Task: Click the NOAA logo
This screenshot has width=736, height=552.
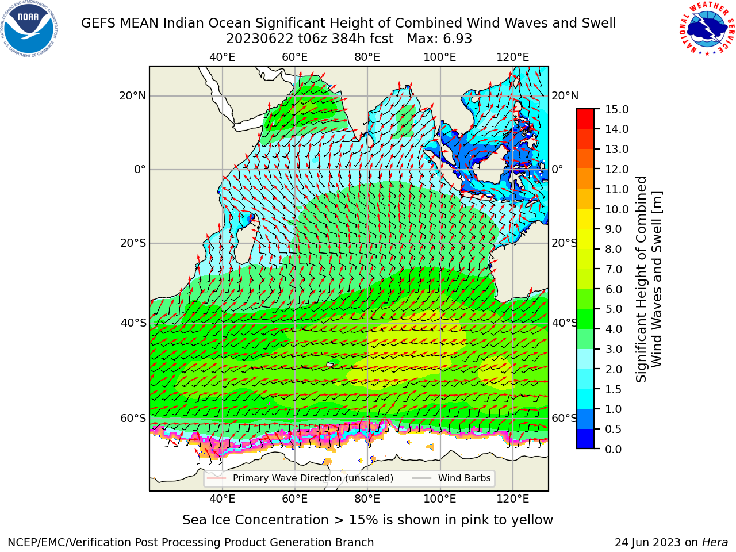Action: tap(29, 29)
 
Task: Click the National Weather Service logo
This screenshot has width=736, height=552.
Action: tap(707, 28)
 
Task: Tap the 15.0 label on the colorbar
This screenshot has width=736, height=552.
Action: tap(616, 109)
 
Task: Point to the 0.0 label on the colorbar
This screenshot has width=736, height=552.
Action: tap(613, 449)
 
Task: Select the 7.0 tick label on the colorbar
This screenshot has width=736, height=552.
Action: tap(613, 269)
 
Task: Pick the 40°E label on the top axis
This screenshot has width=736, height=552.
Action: tap(222, 57)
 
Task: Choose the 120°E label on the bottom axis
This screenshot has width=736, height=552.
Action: tap(512, 499)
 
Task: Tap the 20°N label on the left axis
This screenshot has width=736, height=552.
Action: tap(133, 96)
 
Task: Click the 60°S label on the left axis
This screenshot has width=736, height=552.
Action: tap(133, 418)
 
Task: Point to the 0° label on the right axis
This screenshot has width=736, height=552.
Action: tap(557, 169)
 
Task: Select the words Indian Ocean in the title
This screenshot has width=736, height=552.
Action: tap(206, 23)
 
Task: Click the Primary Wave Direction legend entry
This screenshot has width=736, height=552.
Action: tap(300, 478)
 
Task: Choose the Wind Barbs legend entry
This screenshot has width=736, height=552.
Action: tap(451, 478)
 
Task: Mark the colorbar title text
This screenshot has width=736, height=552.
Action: tap(649, 279)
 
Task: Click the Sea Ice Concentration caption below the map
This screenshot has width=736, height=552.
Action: tap(367, 520)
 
